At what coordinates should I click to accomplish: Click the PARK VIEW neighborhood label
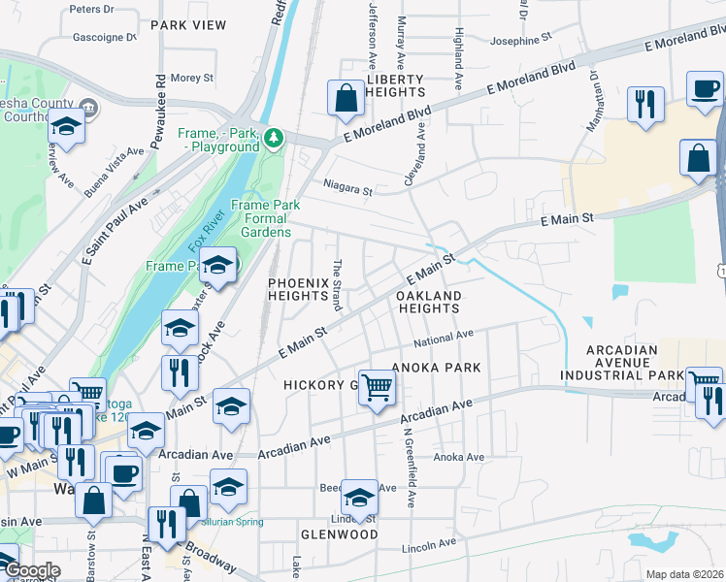[x=188, y=24]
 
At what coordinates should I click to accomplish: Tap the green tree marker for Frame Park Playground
[x=275, y=139]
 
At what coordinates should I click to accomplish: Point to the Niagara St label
[x=347, y=191]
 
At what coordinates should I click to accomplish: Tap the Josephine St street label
[x=520, y=40]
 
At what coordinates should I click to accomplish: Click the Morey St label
[x=191, y=78]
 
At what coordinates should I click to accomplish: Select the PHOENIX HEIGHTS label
[x=302, y=288]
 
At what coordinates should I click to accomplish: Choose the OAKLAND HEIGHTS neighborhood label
[x=428, y=301]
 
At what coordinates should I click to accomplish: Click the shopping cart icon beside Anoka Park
[x=377, y=387]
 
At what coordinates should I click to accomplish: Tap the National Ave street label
[x=443, y=339]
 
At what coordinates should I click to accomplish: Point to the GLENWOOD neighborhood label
[x=339, y=534]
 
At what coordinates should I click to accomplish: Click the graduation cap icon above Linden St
[x=359, y=498]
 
